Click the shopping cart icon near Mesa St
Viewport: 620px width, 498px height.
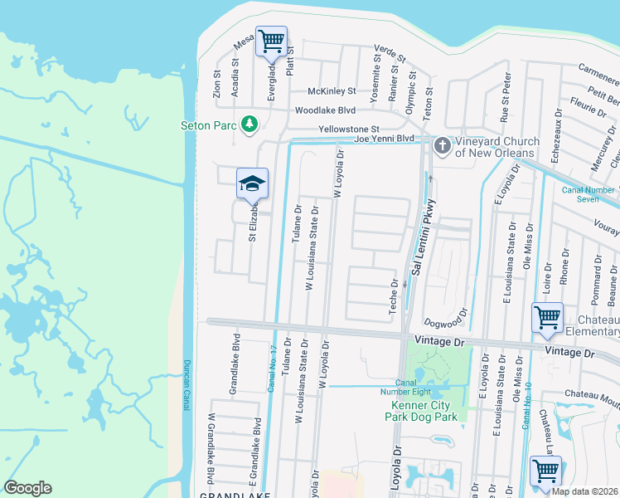(x=271, y=41)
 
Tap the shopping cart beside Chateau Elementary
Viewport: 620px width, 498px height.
(x=547, y=317)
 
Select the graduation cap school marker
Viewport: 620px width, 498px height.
(x=252, y=183)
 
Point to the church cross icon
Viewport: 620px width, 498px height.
(x=442, y=147)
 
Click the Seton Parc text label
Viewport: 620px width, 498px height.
(x=209, y=126)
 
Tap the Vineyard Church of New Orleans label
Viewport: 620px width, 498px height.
(x=496, y=148)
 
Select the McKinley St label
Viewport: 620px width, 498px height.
(x=331, y=91)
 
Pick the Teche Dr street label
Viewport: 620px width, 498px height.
(x=395, y=295)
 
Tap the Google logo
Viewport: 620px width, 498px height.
(x=27, y=488)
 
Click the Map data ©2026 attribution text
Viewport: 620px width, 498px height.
(x=585, y=491)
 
